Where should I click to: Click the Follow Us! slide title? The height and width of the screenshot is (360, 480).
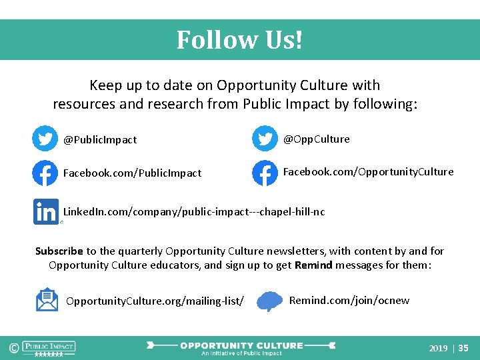click(239, 40)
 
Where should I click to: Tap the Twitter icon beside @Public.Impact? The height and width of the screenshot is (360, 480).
click(45, 139)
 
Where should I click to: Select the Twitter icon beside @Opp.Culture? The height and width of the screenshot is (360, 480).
click(265, 139)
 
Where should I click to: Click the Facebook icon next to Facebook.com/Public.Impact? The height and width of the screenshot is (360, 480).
click(45, 173)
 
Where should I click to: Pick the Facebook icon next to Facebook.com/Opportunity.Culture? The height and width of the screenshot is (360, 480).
click(265, 173)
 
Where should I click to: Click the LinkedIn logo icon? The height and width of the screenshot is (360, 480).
click(46, 212)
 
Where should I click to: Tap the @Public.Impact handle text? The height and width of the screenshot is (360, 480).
click(100, 140)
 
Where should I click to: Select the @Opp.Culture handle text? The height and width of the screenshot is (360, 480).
click(316, 139)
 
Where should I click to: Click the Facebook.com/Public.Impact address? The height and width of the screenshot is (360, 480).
click(132, 173)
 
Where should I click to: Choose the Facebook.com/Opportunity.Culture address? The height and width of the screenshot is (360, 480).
click(368, 172)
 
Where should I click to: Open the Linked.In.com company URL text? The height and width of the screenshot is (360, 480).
click(194, 212)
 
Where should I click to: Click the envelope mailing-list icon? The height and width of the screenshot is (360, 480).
click(47, 300)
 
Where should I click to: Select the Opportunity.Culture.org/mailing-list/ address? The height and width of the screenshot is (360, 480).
click(155, 301)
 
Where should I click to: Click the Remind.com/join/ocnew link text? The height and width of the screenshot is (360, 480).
click(349, 301)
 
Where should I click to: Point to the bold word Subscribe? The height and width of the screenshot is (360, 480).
click(59, 251)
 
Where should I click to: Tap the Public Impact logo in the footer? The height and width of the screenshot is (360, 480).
click(49, 348)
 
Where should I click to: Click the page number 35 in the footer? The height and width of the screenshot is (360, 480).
click(463, 348)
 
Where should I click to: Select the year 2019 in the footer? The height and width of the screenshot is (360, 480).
click(438, 348)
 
